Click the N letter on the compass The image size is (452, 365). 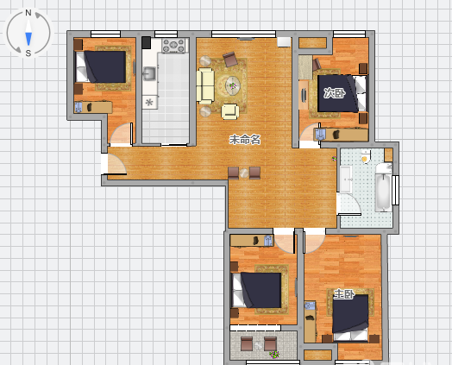click(28, 13)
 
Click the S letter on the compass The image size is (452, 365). click(28, 53)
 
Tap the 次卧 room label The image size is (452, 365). click(335, 93)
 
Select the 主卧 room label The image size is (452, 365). click(344, 294)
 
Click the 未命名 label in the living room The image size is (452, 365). click(245, 140)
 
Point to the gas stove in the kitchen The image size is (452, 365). click(173, 46)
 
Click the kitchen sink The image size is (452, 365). click(149, 73)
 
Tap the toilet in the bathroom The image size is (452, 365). click(366, 156)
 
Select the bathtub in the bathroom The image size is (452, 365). click(384, 187)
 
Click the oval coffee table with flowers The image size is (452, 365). click(233, 85)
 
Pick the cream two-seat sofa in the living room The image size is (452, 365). click(205, 85)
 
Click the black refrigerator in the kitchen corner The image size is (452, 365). click(146, 42)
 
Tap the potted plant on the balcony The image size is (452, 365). click(274, 354)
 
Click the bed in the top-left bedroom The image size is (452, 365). click(101, 67)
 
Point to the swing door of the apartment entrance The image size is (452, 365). click(116, 164)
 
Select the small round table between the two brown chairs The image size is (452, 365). click(244, 173)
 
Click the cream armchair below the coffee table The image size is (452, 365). click(230, 112)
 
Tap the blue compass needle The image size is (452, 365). click(28, 39)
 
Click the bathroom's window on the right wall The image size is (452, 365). click(396, 190)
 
